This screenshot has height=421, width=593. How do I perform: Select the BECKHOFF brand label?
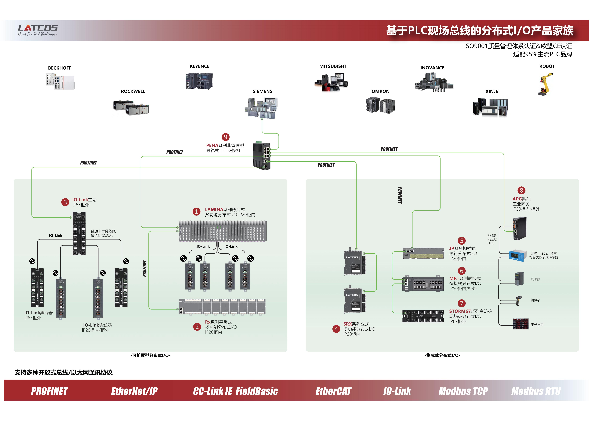pos(60,68)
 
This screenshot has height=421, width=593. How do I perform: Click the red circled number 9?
pos(225,137)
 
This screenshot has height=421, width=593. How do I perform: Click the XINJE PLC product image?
pos(490,107)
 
